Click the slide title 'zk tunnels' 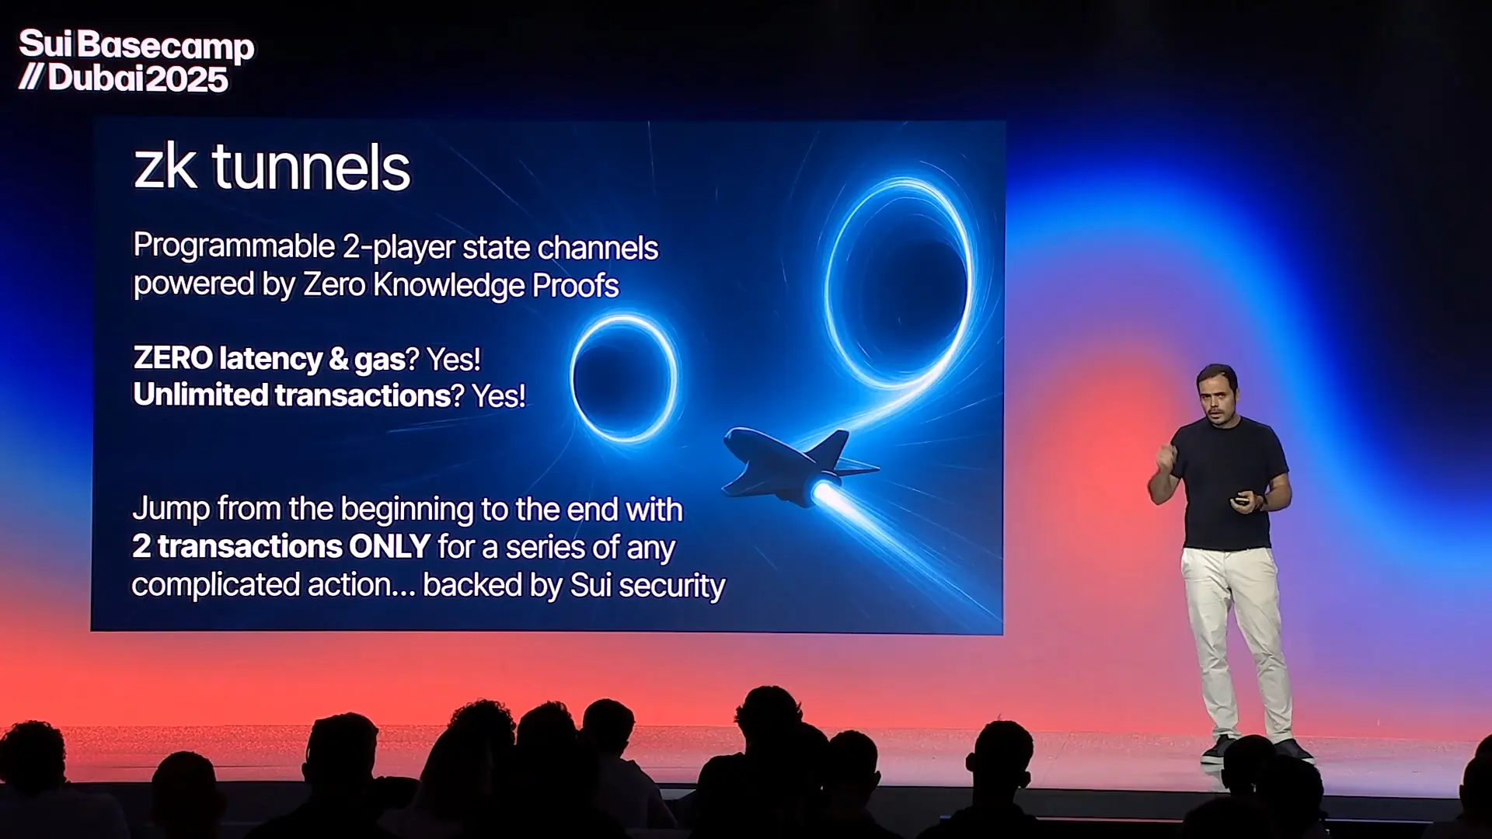272,167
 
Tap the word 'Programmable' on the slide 234,247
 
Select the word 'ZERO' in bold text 173,358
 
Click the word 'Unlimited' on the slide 200,395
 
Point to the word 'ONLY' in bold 389,546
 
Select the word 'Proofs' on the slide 575,286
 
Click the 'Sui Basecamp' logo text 136,45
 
